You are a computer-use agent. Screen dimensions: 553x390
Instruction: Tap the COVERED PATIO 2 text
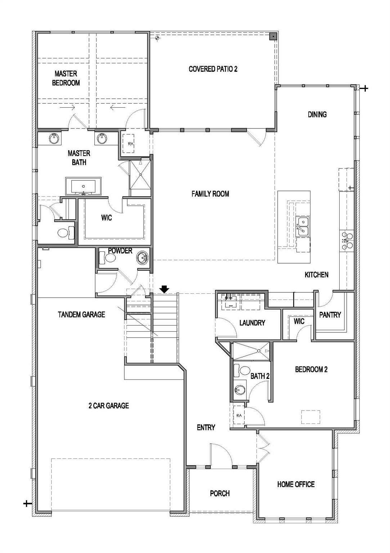(213, 69)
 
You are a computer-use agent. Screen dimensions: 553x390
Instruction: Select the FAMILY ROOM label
(210, 194)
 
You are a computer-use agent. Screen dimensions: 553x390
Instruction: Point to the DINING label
(317, 114)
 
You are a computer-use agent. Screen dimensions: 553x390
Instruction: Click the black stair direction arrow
(165, 289)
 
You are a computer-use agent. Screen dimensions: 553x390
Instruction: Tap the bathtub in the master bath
(83, 186)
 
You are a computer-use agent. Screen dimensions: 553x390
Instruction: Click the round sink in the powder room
(143, 258)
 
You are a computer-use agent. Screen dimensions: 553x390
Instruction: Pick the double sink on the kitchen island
(303, 226)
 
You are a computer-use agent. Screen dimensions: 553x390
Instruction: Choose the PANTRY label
(330, 315)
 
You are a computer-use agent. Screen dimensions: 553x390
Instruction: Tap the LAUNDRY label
(252, 323)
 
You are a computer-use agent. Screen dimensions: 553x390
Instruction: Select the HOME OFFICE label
(296, 484)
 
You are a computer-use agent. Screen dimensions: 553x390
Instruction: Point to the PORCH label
(220, 493)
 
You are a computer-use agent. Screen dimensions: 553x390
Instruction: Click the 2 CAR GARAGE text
(108, 406)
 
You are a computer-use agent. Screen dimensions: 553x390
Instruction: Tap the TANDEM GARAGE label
(81, 314)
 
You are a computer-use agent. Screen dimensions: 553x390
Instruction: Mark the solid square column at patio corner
(273, 36)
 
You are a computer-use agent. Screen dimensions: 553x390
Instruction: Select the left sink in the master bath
(54, 138)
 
